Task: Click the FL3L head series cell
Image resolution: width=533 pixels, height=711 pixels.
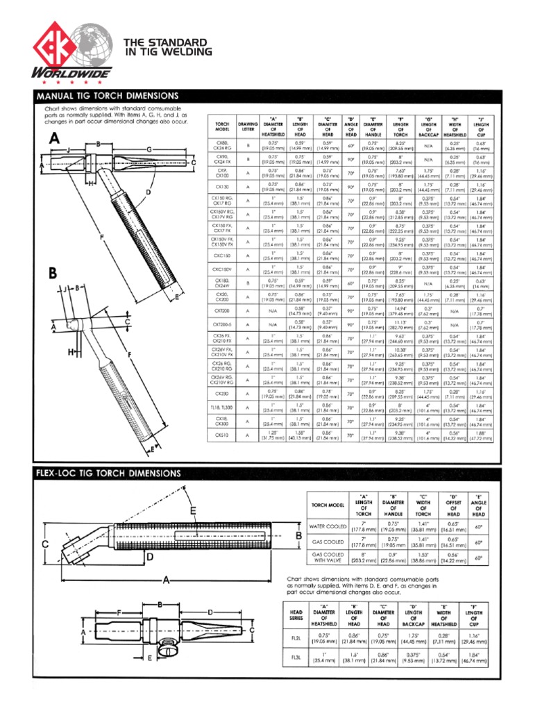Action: pos(296,656)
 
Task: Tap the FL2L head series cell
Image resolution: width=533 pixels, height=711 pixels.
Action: pos(296,636)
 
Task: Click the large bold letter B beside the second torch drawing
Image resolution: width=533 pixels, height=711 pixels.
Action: pos(51,274)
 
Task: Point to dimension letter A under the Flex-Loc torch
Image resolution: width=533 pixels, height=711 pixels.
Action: pos(167,580)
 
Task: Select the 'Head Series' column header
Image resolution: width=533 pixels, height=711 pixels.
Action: pos(296,615)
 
